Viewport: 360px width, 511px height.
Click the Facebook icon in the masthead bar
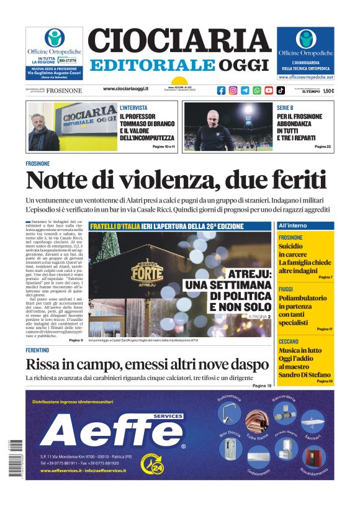[222, 90]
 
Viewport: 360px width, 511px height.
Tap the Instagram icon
[233, 90]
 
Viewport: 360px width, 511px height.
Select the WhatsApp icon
[257, 90]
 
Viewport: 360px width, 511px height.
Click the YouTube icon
[269, 90]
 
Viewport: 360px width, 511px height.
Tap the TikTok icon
[281, 90]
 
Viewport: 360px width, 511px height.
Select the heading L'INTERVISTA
[133, 107]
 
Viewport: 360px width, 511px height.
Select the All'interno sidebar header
[292, 225]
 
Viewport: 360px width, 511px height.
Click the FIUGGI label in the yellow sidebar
[286, 289]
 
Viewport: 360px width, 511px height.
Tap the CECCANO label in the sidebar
[289, 341]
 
